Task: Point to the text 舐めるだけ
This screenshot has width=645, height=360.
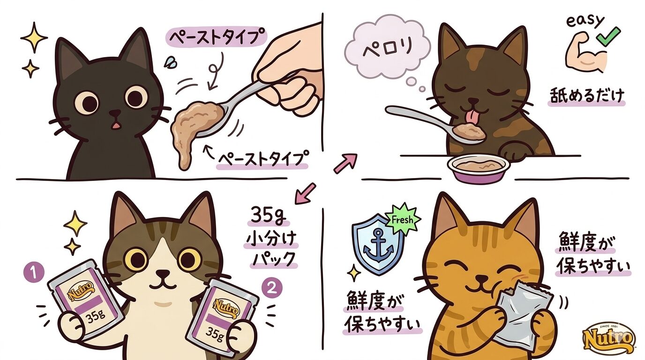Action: coord(586,96)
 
